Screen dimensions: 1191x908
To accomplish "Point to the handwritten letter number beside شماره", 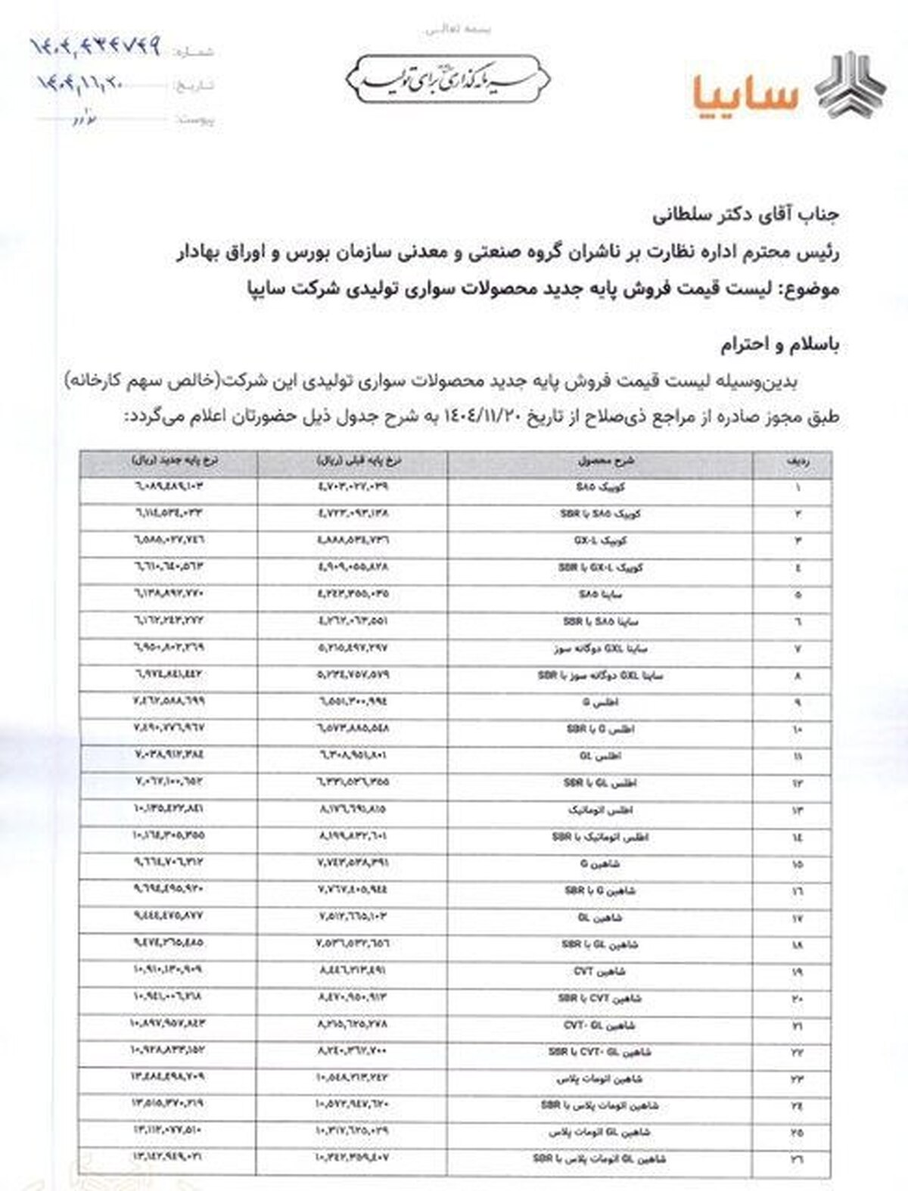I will [x=95, y=46].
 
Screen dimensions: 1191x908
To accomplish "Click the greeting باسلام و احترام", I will [x=780, y=346].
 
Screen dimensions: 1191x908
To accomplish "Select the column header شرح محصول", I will [x=601, y=460].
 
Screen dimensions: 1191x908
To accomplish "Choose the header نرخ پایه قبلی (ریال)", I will [x=353, y=460].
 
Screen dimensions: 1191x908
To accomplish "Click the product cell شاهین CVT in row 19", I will [x=601, y=971].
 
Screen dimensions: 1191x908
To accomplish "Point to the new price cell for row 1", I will [x=167, y=487].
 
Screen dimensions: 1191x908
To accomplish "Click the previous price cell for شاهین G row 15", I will [x=352, y=863].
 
